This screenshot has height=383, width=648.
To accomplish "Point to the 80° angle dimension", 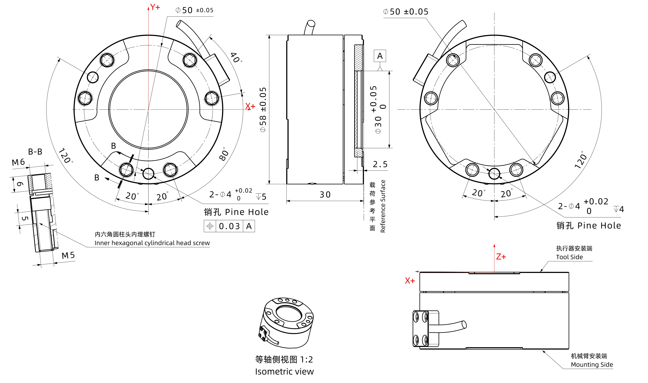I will click(x=224, y=154).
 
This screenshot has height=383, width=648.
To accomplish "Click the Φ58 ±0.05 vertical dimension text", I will click(x=263, y=110).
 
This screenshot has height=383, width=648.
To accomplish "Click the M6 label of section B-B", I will click(x=18, y=162).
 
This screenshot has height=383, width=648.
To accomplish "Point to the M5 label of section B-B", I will click(x=68, y=256).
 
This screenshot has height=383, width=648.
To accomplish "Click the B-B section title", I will click(x=35, y=152).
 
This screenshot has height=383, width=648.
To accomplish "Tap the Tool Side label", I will click(x=569, y=257).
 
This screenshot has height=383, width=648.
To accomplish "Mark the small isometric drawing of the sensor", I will click(x=286, y=323).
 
